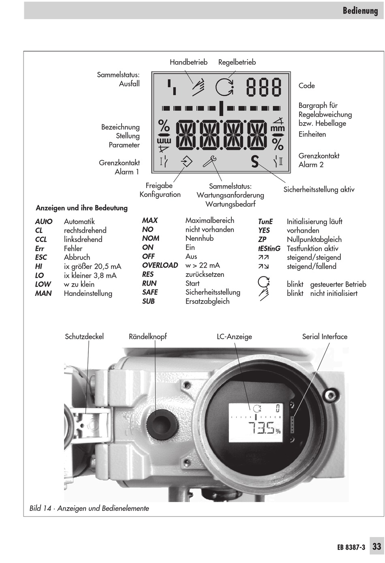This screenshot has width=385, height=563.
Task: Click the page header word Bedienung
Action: pyautogui.click(x=360, y=11)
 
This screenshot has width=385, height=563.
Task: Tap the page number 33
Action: pyautogui.click(x=377, y=546)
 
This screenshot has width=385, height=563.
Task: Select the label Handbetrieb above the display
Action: pyautogui.click(x=188, y=62)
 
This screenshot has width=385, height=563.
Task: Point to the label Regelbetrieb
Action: pyautogui.click(x=237, y=62)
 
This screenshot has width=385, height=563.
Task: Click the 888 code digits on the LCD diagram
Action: pyautogui.click(x=264, y=87)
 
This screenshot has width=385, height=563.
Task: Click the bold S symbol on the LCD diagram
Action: pyautogui.click(x=255, y=162)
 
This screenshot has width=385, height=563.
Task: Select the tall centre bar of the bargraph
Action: pyautogui.click(x=221, y=108)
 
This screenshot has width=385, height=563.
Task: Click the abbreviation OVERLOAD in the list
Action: pyautogui.click(x=160, y=265)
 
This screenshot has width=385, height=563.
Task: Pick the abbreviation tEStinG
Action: pyautogui.click(x=269, y=248)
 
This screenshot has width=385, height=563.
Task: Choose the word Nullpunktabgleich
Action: pyautogui.click(x=314, y=240)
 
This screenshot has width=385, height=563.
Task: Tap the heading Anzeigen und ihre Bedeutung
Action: pyautogui.click(x=81, y=208)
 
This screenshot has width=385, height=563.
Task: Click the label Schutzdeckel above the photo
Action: pyautogui.click(x=84, y=336)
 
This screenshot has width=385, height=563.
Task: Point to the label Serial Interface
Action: pyautogui.click(x=325, y=336)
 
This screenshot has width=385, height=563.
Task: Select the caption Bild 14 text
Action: pyautogui.click(x=89, y=508)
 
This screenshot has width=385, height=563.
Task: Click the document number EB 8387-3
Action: pyautogui.click(x=351, y=547)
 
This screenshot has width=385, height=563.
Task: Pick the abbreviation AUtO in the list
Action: pyautogui.click(x=44, y=222)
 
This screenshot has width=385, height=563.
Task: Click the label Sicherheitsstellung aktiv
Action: pyautogui.click(x=319, y=189)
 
